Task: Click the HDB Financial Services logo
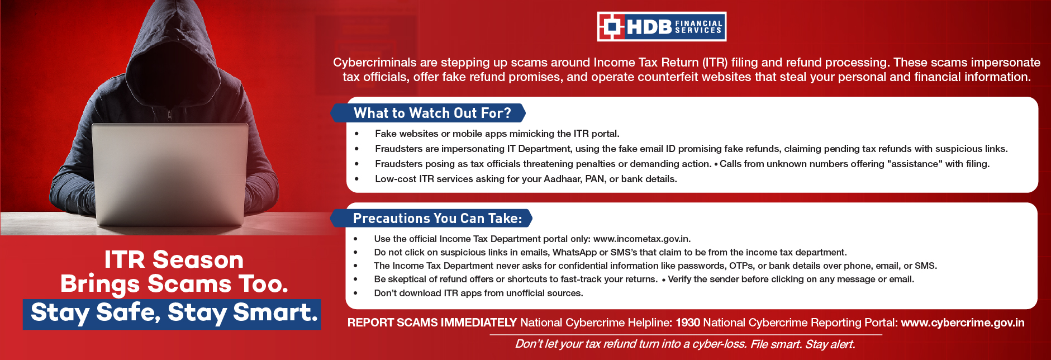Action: click(x=662, y=26)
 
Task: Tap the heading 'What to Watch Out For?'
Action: click(x=432, y=113)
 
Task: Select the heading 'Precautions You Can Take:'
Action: click(x=437, y=218)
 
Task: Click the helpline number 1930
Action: click(x=688, y=323)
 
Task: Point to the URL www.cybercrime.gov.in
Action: click(x=963, y=323)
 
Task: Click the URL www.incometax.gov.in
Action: click(x=641, y=239)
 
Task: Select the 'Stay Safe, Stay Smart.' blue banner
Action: click(x=172, y=314)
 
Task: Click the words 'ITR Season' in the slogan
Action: click(x=174, y=260)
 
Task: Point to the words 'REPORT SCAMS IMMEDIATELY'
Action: click(x=432, y=323)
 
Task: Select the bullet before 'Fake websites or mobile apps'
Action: click(x=356, y=134)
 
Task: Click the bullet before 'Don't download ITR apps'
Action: click(x=355, y=293)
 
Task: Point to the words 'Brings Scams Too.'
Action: click(x=174, y=285)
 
